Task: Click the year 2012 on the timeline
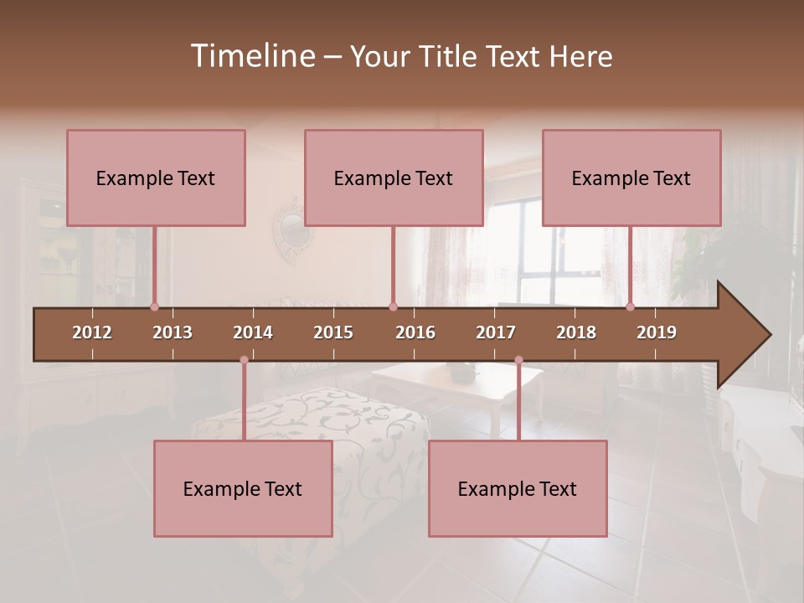click(x=92, y=332)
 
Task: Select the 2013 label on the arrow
click(x=173, y=332)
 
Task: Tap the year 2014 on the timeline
click(x=253, y=332)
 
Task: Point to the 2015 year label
click(x=333, y=332)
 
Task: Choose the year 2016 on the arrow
click(x=415, y=332)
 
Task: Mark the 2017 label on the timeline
click(x=496, y=332)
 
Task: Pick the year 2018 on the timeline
click(x=576, y=332)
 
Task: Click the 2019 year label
click(x=657, y=332)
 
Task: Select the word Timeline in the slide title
click(x=251, y=56)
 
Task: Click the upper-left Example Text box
click(x=156, y=178)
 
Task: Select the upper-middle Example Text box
click(x=394, y=178)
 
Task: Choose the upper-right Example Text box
click(x=631, y=178)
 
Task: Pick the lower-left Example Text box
click(x=243, y=488)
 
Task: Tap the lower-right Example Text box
click(x=518, y=488)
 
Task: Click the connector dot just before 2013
click(x=154, y=307)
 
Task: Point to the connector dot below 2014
click(x=244, y=360)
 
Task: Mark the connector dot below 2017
click(x=518, y=360)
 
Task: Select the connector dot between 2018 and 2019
click(x=631, y=307)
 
